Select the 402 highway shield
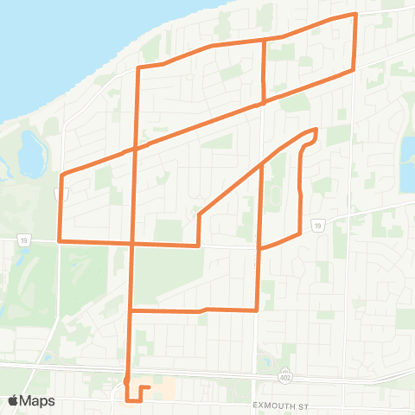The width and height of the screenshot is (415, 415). coord(284,376)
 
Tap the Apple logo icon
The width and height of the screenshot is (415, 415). coord(15,400)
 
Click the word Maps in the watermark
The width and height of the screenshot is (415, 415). coord(39,400)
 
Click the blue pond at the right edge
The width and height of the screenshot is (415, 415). coord(406,164)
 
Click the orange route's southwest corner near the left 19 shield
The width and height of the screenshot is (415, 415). coord(59,240)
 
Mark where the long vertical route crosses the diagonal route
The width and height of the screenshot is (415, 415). coord(135,149)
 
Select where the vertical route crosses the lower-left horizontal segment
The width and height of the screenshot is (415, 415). coord(132,243)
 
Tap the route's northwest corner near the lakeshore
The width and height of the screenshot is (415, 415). coord(138,67)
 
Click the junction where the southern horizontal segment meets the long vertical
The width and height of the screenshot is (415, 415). coord(131,310)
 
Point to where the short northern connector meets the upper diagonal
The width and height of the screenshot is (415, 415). coord(263,102)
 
